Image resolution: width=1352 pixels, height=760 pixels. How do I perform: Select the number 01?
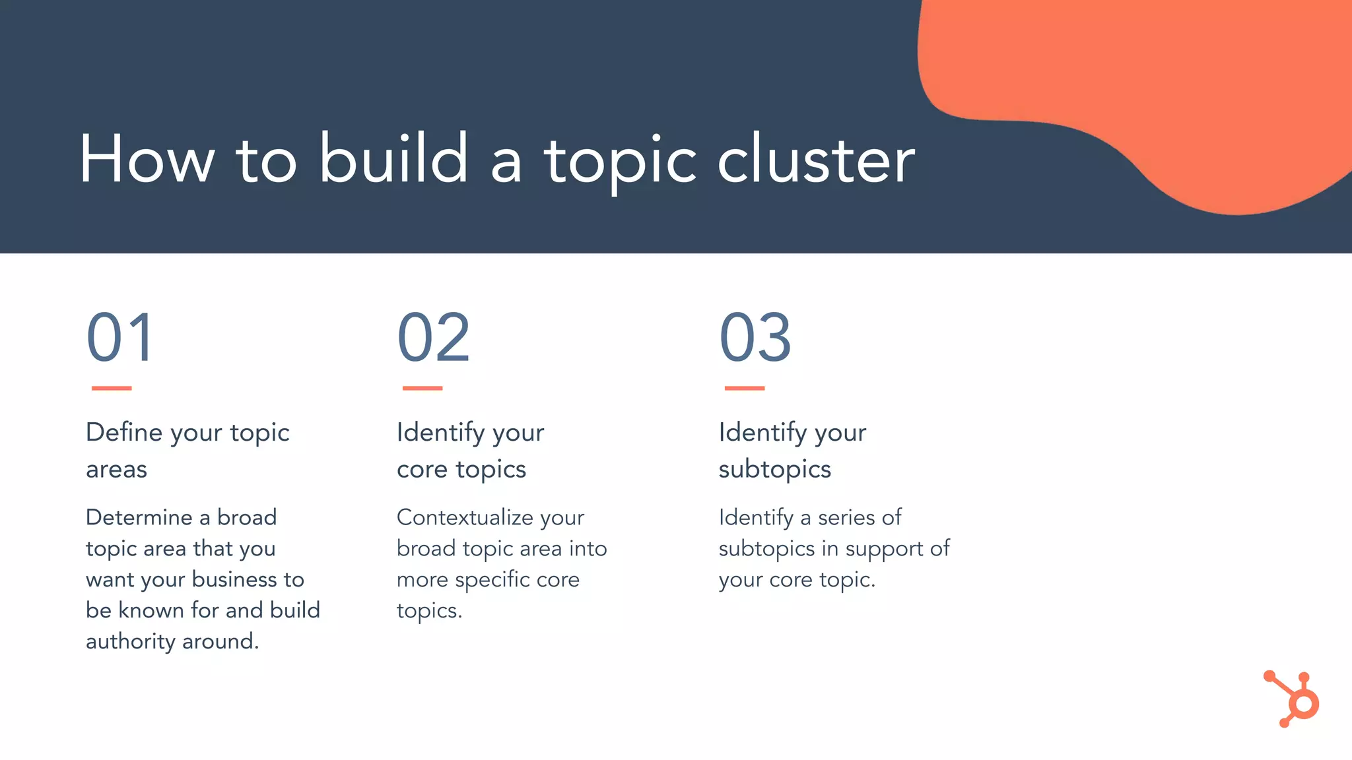coord(120,338)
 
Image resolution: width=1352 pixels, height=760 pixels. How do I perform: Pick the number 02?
coord(433,338)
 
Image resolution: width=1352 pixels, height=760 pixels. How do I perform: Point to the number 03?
coord(755,338)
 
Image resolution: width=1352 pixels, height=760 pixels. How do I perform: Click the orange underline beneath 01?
coord(112,388)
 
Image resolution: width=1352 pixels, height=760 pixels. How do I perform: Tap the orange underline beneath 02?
coord(422,388)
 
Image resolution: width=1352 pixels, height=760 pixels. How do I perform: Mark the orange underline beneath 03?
coord(745,388)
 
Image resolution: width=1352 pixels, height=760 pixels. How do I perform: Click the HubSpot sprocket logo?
coord(1294,699)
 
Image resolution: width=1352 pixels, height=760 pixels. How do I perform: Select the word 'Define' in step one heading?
coord(124,432)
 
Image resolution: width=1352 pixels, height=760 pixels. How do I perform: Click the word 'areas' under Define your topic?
coord(116,470)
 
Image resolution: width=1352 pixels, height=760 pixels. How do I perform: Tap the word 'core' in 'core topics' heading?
coord(422,470)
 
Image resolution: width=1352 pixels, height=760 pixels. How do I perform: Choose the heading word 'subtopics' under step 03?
coord(774,470)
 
